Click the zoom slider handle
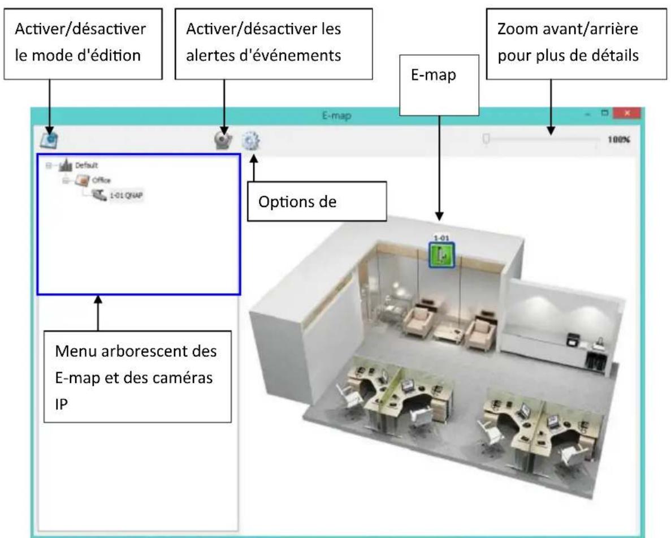(486, 138)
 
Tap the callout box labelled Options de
(317, 201)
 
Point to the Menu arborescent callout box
(138, 376)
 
